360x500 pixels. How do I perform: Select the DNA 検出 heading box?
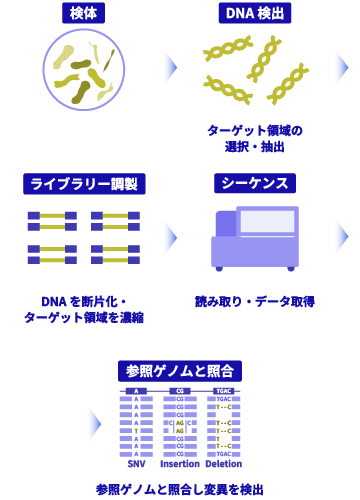point(256,14)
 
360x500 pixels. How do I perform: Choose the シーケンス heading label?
point(255,184)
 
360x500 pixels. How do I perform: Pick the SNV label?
point(137,464)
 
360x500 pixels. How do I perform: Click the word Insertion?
point(180,464)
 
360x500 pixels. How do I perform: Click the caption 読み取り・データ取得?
point(255,301)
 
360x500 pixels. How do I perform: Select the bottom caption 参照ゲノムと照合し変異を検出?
point(180,489)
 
